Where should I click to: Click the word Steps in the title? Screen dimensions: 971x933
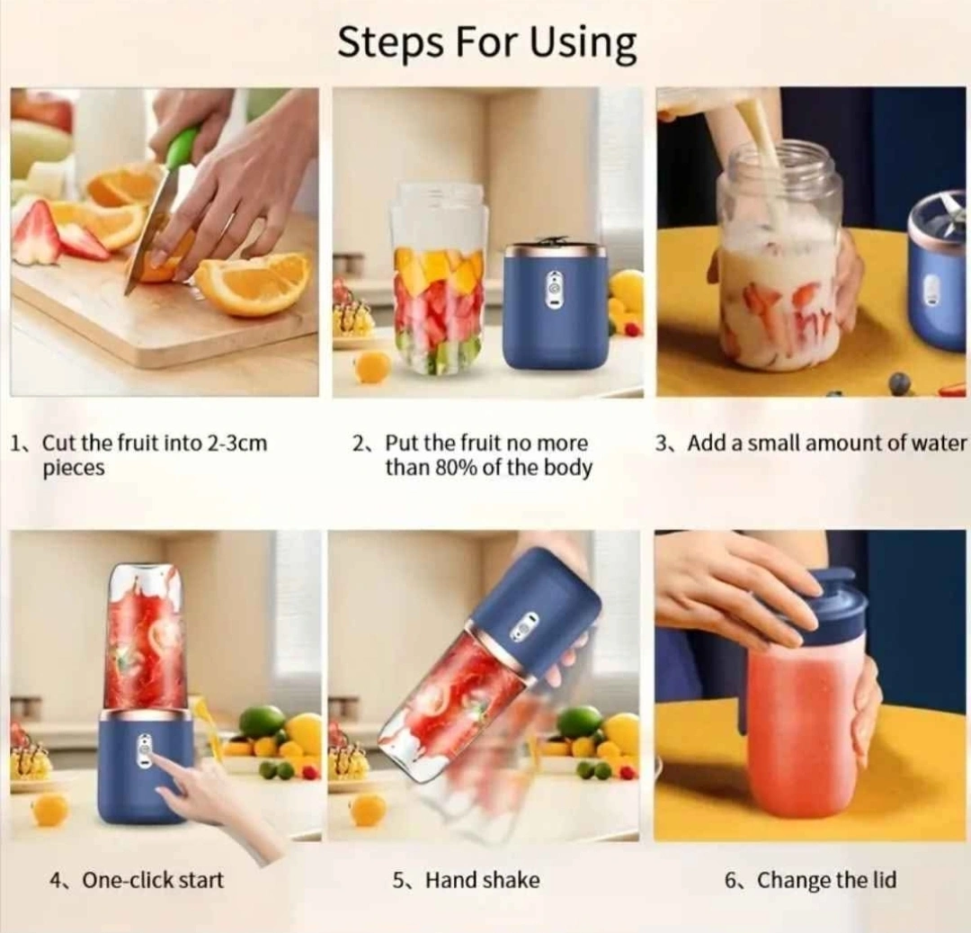[393, 43]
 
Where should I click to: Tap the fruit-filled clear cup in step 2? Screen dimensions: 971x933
[439, 279]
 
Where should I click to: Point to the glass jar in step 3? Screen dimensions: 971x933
[780, 257]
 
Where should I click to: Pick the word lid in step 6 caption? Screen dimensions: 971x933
[885, 880]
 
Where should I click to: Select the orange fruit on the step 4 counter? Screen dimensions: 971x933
[50, 809]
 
